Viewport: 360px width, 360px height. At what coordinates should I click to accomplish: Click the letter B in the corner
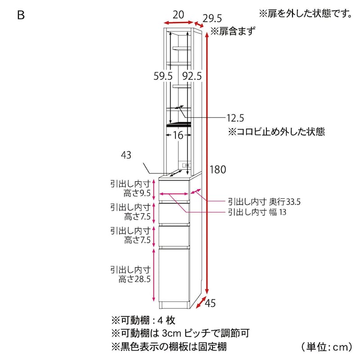21,15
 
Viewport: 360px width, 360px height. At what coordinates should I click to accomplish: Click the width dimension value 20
178,15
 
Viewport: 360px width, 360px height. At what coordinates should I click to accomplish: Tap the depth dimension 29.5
212,18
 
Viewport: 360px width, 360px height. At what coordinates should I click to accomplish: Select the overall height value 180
218,170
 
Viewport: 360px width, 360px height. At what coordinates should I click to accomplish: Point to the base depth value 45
210,303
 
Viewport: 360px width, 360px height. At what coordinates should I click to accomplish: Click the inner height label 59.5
163,76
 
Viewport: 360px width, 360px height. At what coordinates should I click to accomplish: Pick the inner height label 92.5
192,76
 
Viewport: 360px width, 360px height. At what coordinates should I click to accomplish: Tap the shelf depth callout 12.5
235,118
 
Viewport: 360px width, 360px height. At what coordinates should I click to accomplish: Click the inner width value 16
178,135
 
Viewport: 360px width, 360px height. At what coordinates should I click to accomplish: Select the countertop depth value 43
126,155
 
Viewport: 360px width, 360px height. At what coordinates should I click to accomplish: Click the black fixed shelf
179,124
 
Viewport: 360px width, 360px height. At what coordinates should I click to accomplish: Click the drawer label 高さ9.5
137,193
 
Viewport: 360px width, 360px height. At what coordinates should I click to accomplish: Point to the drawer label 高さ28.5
135,279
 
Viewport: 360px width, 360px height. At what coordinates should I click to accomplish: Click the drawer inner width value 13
283,212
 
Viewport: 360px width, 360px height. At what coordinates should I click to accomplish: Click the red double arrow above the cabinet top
179,22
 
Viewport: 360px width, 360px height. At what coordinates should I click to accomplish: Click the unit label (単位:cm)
327,346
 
